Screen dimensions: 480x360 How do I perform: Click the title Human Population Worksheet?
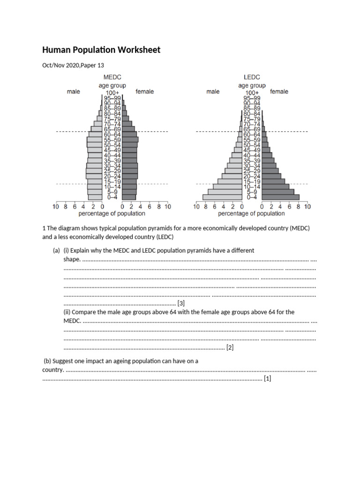coord(101,50)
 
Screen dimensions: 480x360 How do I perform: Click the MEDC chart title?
coord(112,77)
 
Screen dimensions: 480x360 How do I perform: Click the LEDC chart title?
coord(252,77)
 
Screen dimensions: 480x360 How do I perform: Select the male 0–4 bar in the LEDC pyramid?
coord(223,197)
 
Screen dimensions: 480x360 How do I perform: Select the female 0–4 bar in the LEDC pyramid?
coord(280,197)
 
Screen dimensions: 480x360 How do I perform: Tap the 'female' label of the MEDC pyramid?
coord(144,91)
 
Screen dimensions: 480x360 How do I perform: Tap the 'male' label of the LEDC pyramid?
coord(213,91)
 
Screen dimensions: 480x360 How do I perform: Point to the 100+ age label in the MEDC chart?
coord(112,93)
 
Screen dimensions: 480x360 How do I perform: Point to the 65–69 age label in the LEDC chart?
coord(252,129)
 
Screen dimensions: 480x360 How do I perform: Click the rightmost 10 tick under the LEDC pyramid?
coord(307,206)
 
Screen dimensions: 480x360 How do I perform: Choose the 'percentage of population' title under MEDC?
coord(112,214)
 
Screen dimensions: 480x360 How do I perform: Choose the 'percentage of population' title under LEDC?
coord(251,214)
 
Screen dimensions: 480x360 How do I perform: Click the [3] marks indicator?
coord(181,303)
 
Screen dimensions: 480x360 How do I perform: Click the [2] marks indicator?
coord(230,347)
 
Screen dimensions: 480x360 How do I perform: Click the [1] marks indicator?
coord(268,378)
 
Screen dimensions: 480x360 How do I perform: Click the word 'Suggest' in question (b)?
coord(63,361)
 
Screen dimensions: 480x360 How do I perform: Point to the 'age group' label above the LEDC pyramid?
coord(252,85)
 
